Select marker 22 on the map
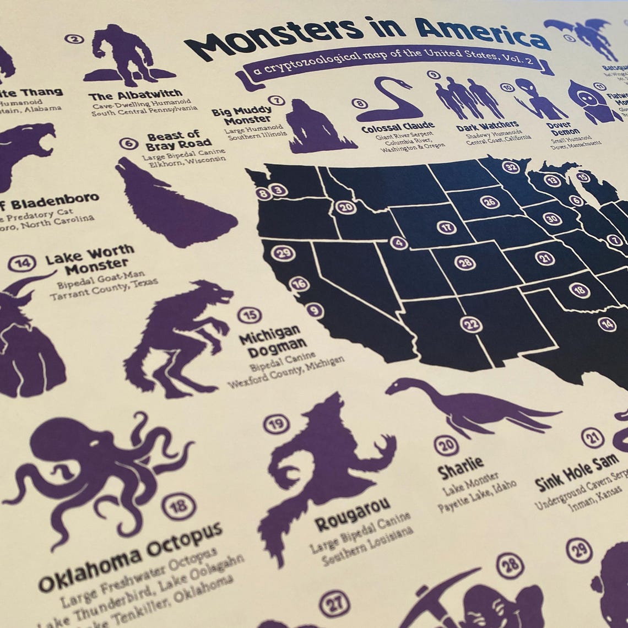coord(471,324)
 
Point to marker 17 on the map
coord(446,227)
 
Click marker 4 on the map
coord(399,242)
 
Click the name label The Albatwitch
coord(135,95)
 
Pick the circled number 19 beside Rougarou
coord(276,424)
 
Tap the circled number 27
coord(334,603)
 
